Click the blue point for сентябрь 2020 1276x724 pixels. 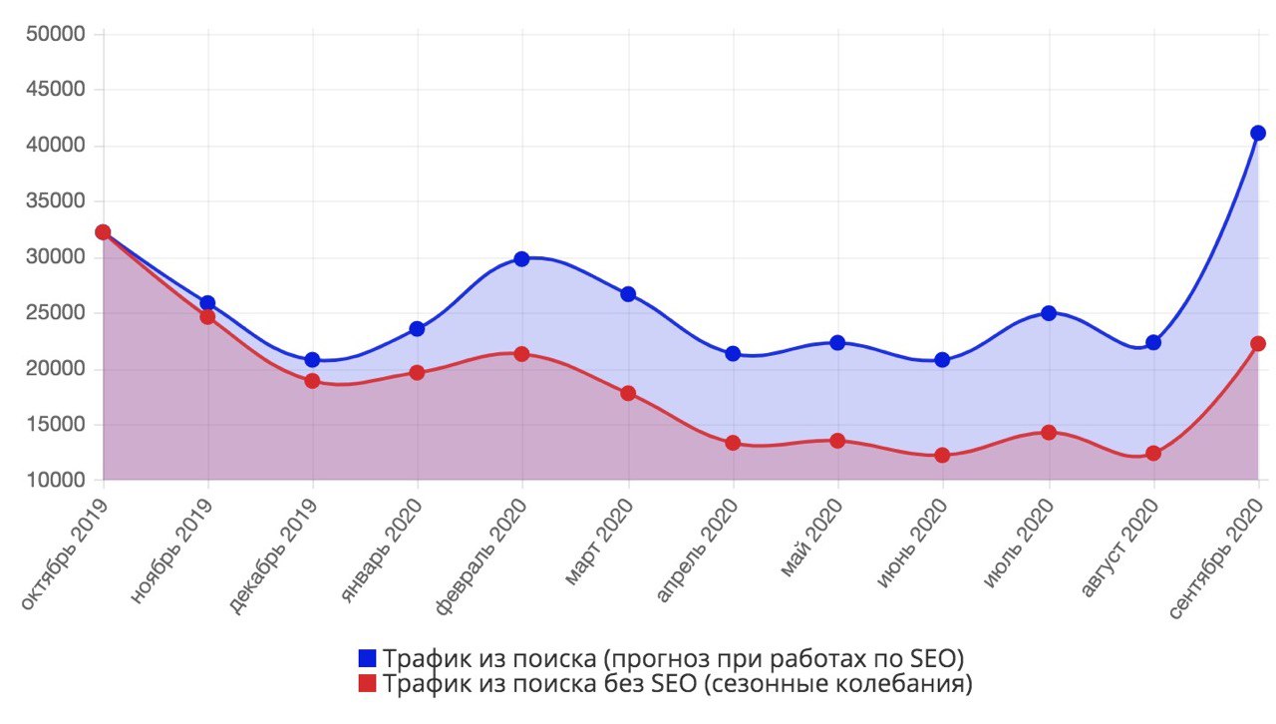(1258, 133)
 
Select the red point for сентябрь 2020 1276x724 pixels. (1258, 343)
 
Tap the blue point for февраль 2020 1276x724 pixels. (521, 258)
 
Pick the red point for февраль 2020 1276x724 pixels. (521, 354)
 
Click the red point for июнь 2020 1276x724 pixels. (942, 456)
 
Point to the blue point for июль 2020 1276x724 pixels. (1048, 313)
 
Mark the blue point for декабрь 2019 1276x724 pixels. (312, 359)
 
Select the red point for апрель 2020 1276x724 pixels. (733, 443)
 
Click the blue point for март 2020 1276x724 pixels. (628, 294)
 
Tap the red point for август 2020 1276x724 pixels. (1153, 453)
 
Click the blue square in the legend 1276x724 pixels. (368, 658)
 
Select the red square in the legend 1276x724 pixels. (368, 684)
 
